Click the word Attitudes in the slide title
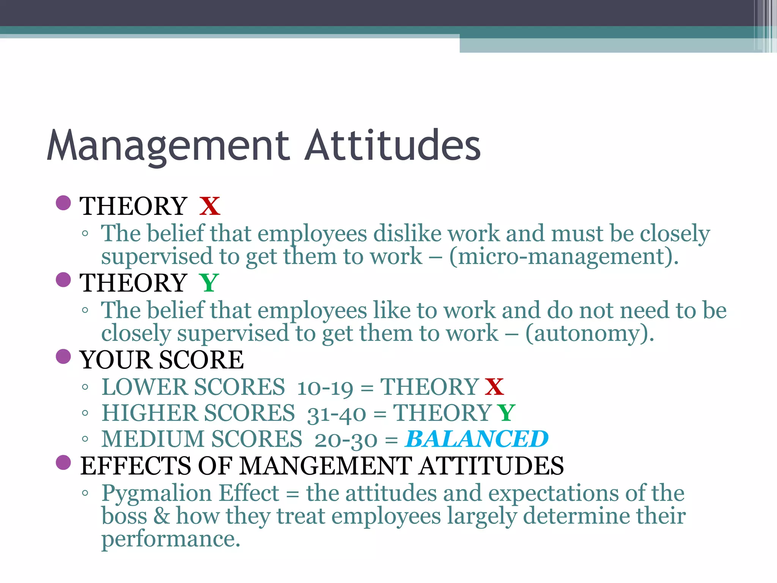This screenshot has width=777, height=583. [393, 145]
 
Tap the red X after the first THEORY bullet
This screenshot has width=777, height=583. [210, 206]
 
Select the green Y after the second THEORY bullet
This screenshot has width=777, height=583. [209, 283]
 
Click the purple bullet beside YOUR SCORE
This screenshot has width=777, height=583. [63, 356]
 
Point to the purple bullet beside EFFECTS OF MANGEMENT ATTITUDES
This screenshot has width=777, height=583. [63, 462]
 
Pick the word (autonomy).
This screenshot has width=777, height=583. [590, 334]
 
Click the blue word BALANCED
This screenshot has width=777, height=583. [477, 439]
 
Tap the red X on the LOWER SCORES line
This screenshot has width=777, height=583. [494, 387]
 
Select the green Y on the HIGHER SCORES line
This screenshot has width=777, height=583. [506, 413]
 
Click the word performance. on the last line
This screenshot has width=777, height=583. [171, 539]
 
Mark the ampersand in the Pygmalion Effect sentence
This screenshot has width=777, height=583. [162, 516]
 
